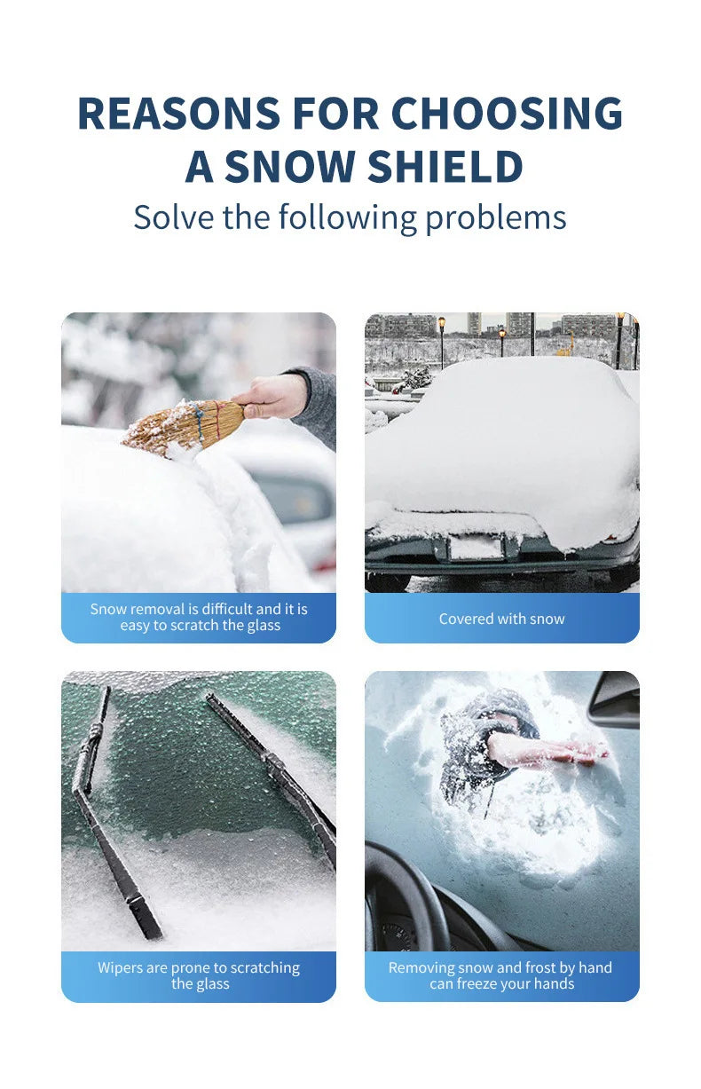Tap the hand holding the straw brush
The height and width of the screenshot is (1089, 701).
coord(270,396)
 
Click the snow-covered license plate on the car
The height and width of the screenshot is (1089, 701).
coord(475,547)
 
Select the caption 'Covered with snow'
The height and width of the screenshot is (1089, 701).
coord(501,619)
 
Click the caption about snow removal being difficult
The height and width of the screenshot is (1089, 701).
coord(199,617)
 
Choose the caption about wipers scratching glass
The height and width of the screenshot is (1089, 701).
coord(199,975)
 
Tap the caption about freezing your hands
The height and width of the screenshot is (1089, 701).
coord(501,975)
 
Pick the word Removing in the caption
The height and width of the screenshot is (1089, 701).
coord(420,967)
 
